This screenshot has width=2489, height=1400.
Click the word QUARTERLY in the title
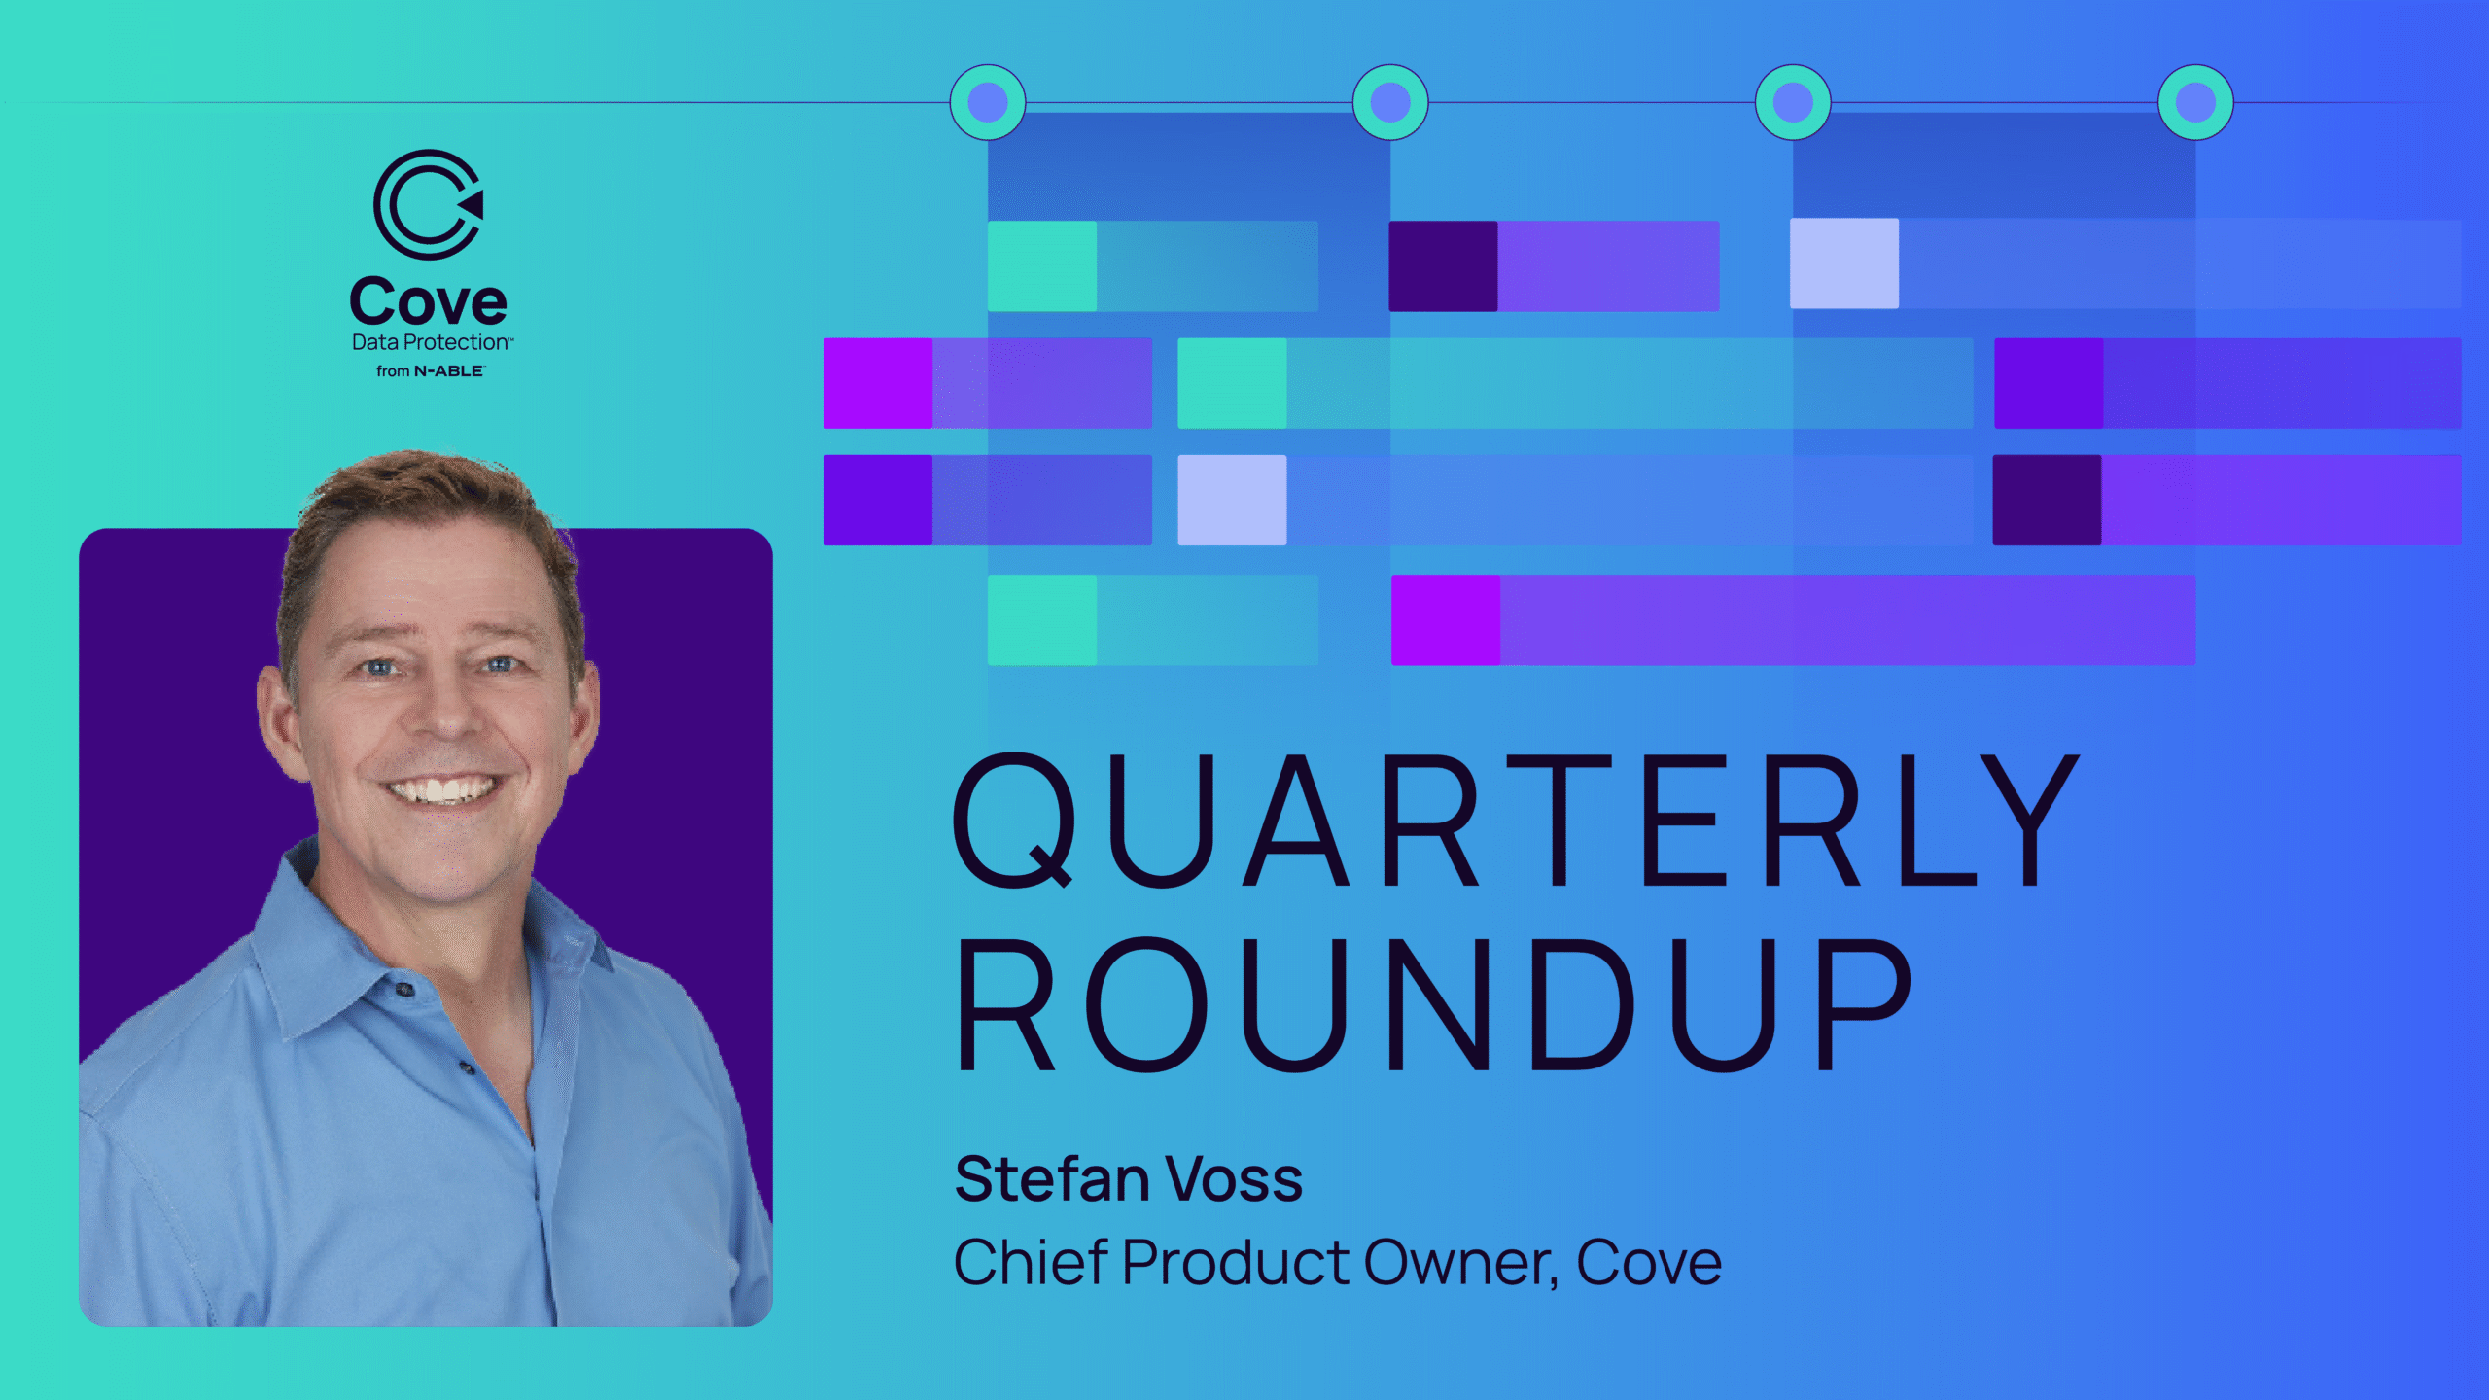point(1515,822)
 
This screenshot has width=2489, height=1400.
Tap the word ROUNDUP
point(1434,1004)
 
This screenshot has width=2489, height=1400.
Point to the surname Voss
point(1235,1179)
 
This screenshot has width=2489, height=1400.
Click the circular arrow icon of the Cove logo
point(429,204)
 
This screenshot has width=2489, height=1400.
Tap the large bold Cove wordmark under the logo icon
point(428,301)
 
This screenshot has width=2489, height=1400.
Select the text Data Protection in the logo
point(431,342)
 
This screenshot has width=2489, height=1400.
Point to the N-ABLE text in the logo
point(448,371)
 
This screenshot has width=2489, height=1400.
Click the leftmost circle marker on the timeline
point(988,102)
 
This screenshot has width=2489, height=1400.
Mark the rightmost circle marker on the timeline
point(2195,102)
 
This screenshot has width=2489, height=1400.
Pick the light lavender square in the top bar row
point(1844,263)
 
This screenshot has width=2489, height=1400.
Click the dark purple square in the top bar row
point(1443,266)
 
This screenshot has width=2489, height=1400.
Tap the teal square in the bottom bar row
point(1042,620)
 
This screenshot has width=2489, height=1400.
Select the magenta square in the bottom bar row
point(1446,620)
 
